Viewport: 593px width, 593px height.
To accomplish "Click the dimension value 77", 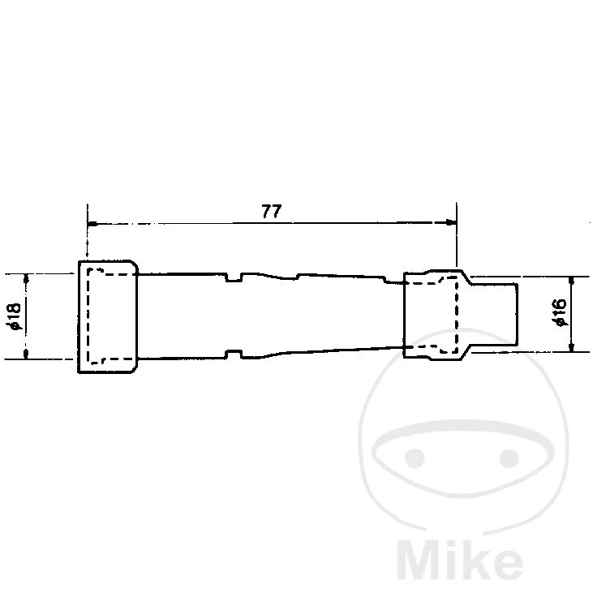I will (x=271, y=211).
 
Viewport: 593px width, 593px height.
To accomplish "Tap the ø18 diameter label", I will (x=12, y=316).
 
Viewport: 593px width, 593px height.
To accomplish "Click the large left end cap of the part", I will (x=107, y=316).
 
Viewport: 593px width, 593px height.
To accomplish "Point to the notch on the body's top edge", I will (x=234, y=278).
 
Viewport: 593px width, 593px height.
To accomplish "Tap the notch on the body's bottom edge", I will (x=234, y=354).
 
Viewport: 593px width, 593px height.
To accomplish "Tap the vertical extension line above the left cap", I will (x=86, y=235).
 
